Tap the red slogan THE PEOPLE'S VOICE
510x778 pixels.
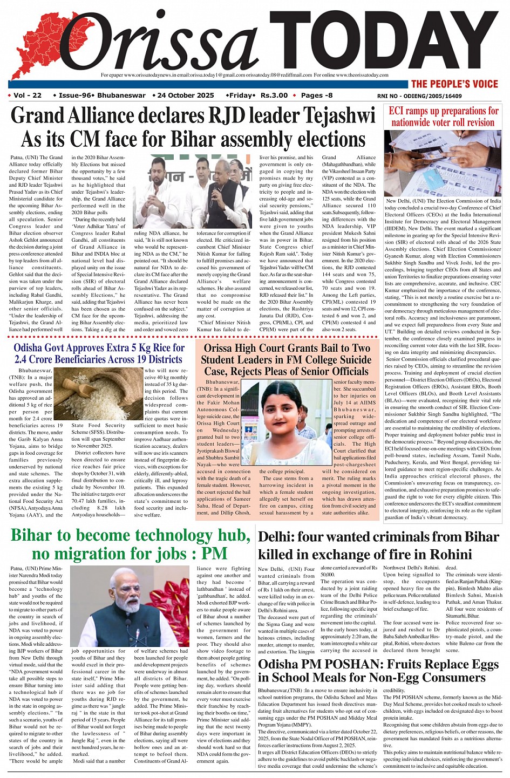pos(454,84)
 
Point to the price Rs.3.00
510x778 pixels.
pos(274,95)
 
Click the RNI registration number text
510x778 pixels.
pos(419,96)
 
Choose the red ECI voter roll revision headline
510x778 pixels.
pos(444,117)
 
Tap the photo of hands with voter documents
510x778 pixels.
pos(443,162)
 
